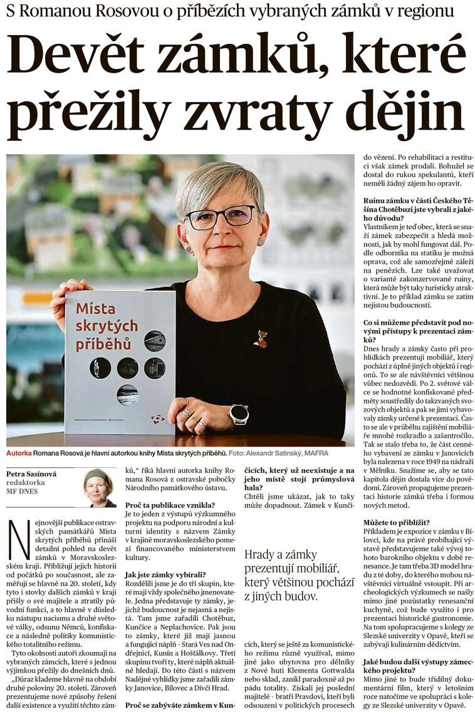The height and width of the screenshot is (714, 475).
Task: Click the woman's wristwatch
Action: tap(238, 414)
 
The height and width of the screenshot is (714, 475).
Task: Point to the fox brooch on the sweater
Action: tap(260, 339)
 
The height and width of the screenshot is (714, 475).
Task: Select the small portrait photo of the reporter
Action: tap(100, 487)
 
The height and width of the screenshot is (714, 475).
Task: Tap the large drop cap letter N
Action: tap(19, 539)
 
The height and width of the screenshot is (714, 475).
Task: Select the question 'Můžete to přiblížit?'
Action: tap(397, 522)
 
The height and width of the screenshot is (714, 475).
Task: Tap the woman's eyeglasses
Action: tap(221, 217)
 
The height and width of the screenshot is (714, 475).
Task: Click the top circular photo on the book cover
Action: tap(154, 341)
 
